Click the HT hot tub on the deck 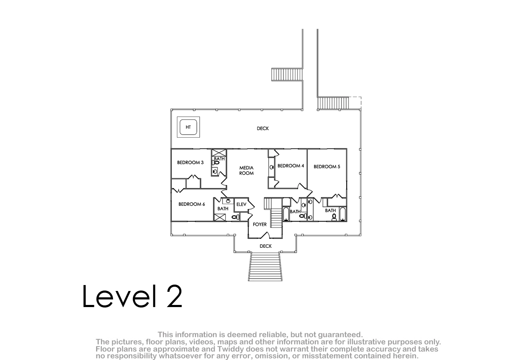click(x=188, y=127)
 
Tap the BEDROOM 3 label click(x=190, y=162)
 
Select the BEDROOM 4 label click(x=291, y=166)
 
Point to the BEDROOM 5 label click(x=327, y=166)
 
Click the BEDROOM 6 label click(x=192, y=204)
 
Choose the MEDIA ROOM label click(x=246, y=170)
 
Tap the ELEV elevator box click(x=241, y=205)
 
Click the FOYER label click(x=260, y=224)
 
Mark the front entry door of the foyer click(x=265, y=235)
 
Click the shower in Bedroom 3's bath click(x=219, y=152)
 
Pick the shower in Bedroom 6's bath click(x=220, y=217)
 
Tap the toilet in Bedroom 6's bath click(x=236, y=217)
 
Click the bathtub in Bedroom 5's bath click(x=342, y=214)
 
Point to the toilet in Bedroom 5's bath click(x=334, y=217)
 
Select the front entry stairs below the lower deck click(x=265, y=266)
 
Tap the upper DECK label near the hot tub click(x=262, y=128)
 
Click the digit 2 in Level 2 click(x=174, y=296)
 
